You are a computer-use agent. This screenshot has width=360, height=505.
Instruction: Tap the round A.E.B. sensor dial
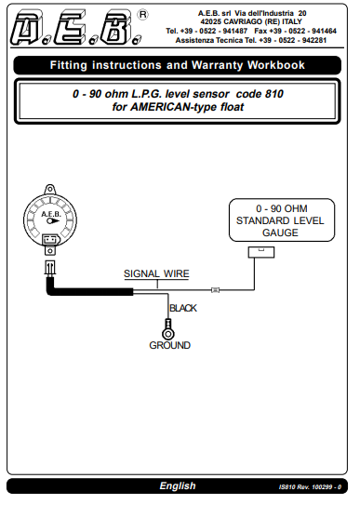coord(50,222)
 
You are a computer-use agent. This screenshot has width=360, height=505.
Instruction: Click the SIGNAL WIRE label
coord(157,274)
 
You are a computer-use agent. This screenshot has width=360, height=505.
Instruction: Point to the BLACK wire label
coord(182,308)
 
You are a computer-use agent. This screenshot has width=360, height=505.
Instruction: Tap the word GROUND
coord(169,345)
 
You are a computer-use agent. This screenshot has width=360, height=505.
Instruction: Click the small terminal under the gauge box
coord(255,252)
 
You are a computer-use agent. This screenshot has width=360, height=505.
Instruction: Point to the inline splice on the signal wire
coord(215,290)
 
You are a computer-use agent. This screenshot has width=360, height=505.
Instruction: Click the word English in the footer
coord(177,485)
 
